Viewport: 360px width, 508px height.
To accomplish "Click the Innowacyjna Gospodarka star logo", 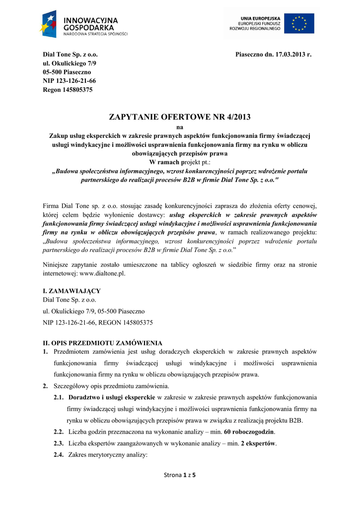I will [x=50, y=23].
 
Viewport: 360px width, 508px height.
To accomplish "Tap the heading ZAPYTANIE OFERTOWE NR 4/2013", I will [x=180, y=117].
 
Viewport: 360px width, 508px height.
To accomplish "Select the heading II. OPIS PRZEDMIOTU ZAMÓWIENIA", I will [x=102, y=343].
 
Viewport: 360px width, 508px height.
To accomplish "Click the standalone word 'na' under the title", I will [x=180, y=127].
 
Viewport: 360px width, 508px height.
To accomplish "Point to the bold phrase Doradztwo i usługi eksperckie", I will [x=112, y=398].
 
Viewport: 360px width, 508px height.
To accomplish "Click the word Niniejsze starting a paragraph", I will [x=59, y=264].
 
